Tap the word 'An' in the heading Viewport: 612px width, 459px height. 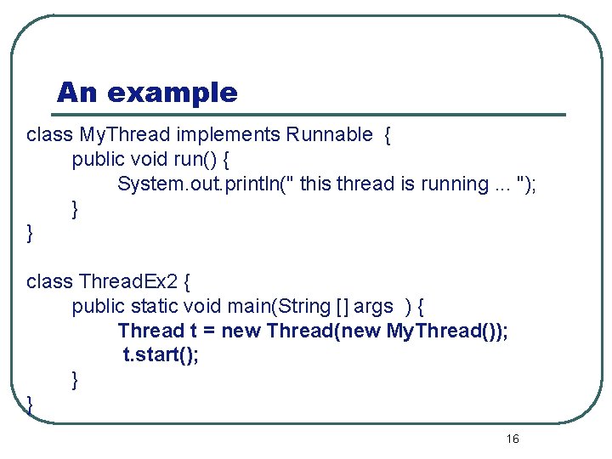(x=77, y=92)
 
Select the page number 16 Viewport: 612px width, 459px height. (x=512, y=439)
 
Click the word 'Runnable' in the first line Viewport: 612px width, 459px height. (x=330, y=134)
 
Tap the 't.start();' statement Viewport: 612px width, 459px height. (x=161, y=354)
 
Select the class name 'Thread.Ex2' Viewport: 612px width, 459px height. (x=127, y=281)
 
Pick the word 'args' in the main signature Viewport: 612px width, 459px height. (x=374, y=306)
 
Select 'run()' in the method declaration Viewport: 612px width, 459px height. (x=201, y=159)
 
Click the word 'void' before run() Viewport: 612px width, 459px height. (x=151, y=159)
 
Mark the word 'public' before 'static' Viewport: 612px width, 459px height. (x=99, y=306)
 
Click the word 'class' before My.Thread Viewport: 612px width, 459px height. (x=49, y=134)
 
